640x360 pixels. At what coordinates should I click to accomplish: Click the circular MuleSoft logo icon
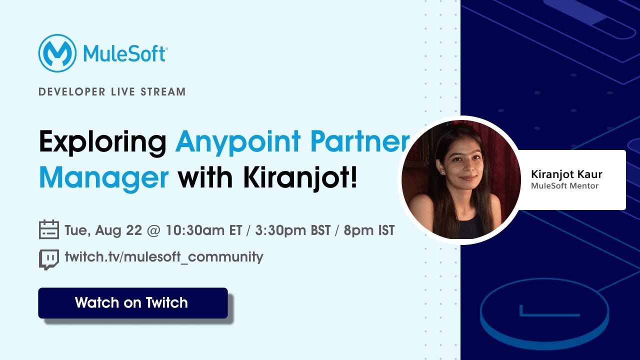57,53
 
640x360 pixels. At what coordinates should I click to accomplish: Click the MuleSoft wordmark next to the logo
125,53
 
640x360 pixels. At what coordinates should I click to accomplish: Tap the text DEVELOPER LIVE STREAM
112,92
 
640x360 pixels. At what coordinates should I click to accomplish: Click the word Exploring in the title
102,142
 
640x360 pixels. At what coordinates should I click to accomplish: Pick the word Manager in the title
103,178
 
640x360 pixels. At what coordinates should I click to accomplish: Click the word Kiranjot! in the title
300,178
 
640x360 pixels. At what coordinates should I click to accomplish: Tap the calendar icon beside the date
49,230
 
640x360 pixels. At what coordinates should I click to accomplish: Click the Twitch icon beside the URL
49,259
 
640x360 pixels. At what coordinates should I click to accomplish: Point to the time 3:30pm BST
293,230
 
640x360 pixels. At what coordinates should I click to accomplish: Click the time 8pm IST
369,230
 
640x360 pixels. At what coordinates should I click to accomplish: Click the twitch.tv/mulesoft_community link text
164,257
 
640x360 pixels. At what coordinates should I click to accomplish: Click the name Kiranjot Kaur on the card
566,174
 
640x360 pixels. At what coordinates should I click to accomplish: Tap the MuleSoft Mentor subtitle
564,186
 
